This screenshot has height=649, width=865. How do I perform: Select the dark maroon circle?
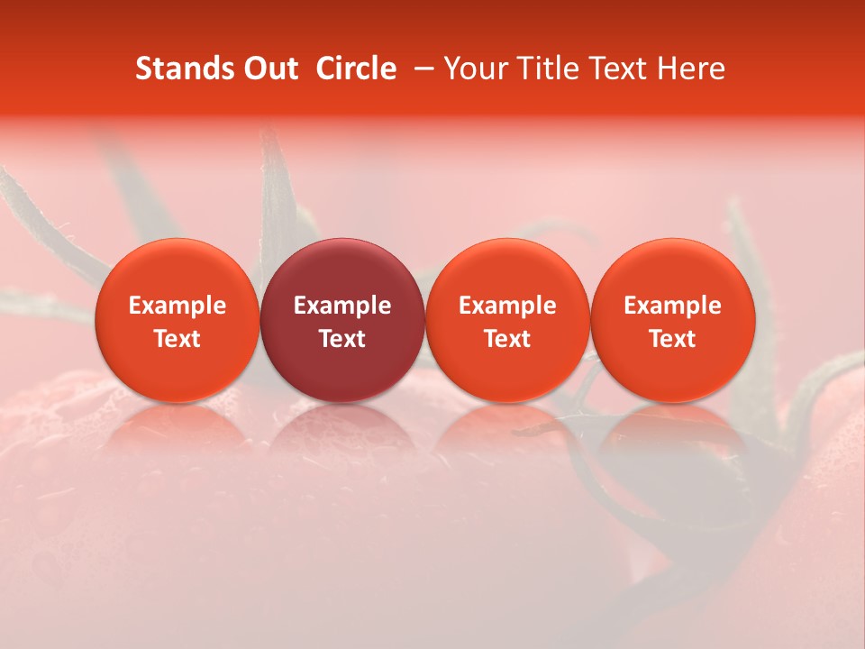(342, 320)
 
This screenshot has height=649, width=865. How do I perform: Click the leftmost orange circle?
(177, 320)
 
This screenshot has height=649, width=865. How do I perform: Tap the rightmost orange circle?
(673, 320)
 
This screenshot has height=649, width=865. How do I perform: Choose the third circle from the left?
(507, 320)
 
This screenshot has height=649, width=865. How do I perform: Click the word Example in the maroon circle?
(342, 306)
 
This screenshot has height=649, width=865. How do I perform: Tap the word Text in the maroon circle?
(342, 339)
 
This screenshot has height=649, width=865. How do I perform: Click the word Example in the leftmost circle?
(177, 306)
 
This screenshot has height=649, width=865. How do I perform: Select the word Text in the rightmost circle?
(673, 339)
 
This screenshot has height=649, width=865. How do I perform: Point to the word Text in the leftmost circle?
(177, 339)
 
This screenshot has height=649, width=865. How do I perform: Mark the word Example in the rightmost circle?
(673, 306)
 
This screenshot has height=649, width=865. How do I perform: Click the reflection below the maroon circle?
(342, 428)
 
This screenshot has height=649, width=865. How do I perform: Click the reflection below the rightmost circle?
(673, 428)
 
